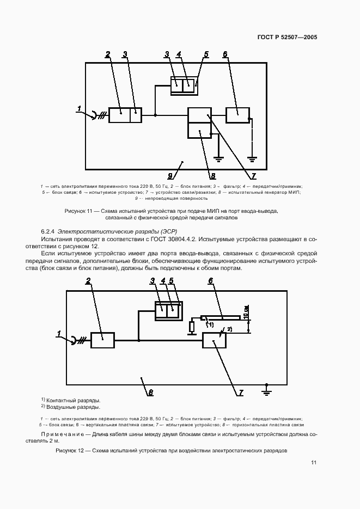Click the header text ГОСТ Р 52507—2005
click(287, 38)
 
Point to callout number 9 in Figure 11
click(169, 176)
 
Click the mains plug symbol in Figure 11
click(96, 115)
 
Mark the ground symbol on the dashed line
click(252, 158)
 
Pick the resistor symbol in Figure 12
click(192, 327)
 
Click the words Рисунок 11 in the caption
click(80, 210)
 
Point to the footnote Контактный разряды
click(73, 400)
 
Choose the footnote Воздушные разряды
click(73, 407)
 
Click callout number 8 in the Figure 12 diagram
click(151, 391)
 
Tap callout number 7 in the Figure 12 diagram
click(241, 391)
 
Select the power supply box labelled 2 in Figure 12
click(102, 340)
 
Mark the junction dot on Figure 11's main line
click(155, 115)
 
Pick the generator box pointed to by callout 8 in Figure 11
click(199, 131)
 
